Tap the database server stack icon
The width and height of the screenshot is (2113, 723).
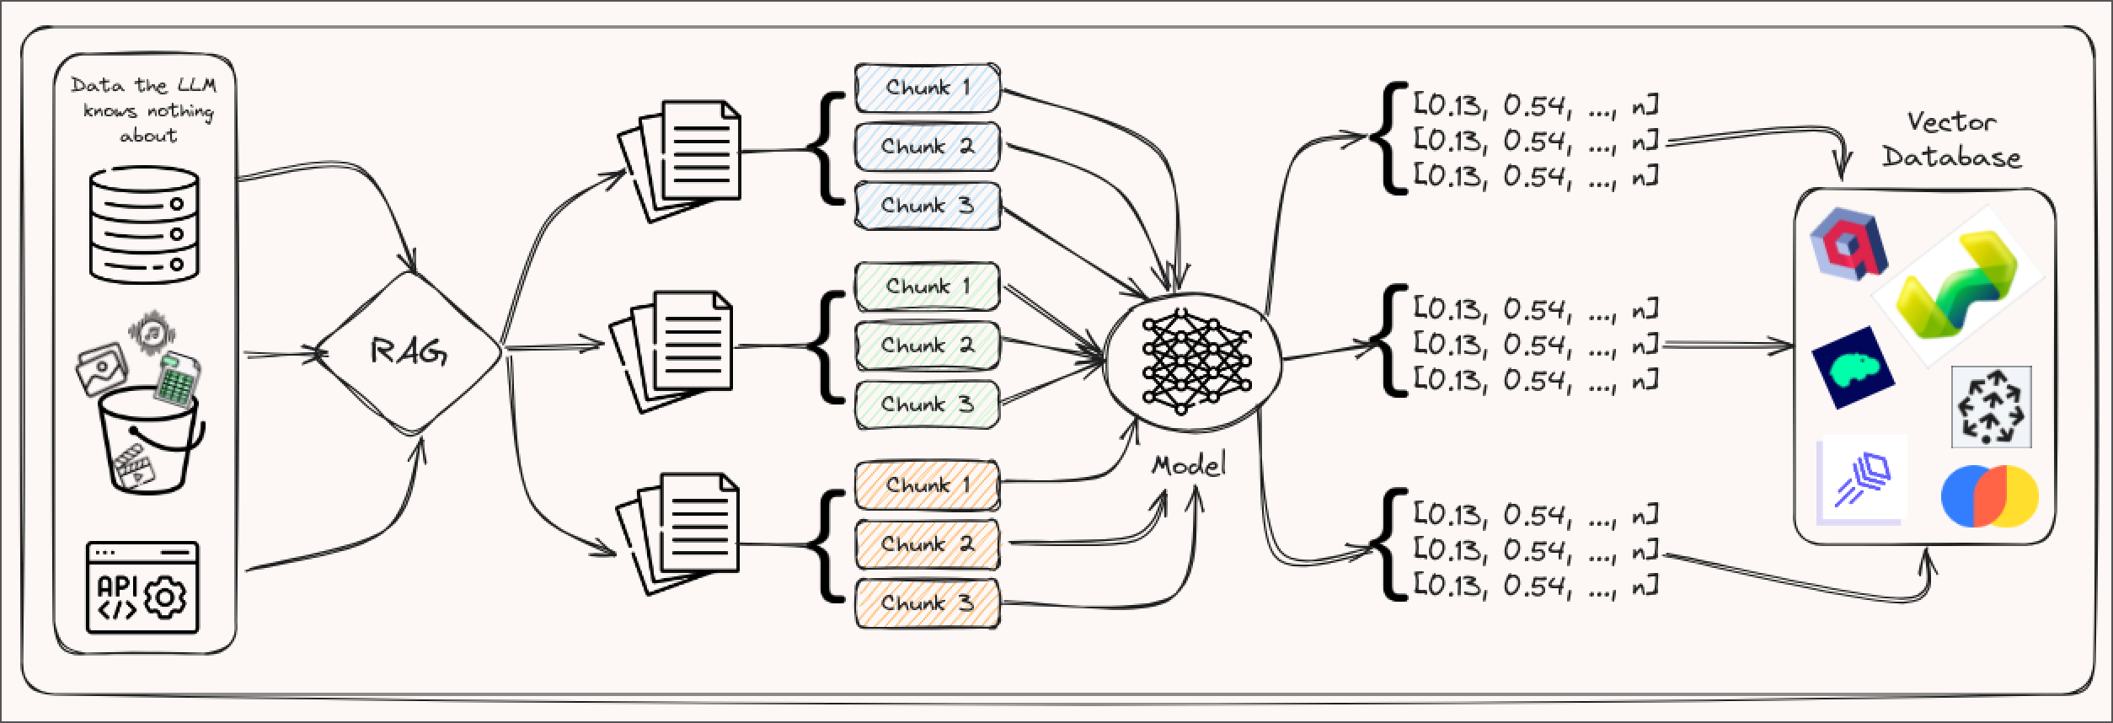(144, 224)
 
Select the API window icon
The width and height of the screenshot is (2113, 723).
(142, 587)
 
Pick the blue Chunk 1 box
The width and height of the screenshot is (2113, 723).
(927, 87)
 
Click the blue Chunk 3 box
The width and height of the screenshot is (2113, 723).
(927, 206)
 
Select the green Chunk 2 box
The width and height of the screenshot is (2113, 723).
(927, 345)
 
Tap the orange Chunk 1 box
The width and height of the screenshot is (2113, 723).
(927, 485)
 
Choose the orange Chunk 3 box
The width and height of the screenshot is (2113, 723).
(927, 603)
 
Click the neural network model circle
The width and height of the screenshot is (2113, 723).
(1190, 360)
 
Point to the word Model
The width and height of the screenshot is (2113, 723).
(1188, 465)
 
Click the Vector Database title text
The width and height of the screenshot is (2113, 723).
(1951, 140)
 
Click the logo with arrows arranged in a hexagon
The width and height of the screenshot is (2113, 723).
(1991, 407)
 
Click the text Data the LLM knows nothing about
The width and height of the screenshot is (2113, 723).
(144, 110)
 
